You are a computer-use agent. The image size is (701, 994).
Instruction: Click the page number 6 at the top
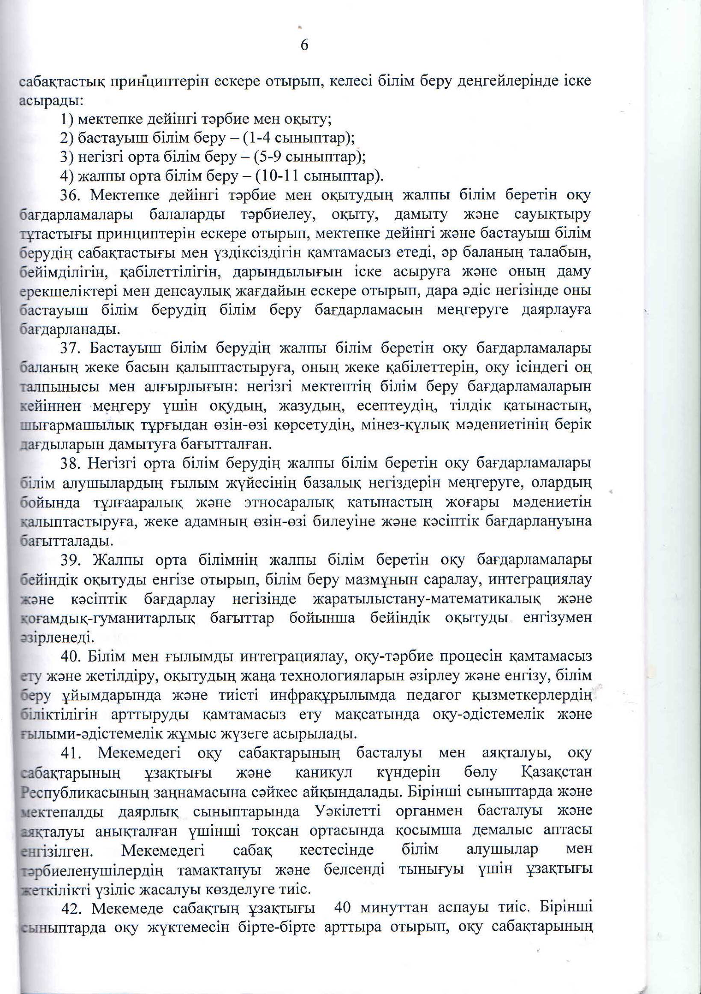click(x=304, y=45)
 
